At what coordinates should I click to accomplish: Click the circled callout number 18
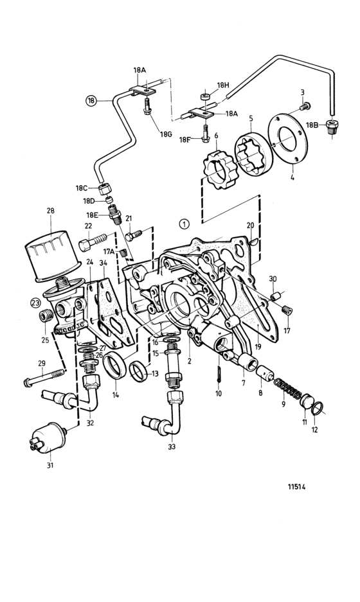coord(91,101)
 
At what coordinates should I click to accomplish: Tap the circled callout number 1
coord(184,224)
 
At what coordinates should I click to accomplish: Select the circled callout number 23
coord(36,303)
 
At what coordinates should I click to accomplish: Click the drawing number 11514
coord(296,487)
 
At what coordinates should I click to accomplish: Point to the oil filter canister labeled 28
coord(52,256)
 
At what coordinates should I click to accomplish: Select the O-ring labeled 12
coord(318,409)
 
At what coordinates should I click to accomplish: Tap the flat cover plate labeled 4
coord(288,139)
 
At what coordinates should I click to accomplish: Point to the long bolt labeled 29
coord(44,377)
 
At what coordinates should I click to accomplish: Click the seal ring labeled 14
coord(115,364)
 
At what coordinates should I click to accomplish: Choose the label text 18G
coord(166,134)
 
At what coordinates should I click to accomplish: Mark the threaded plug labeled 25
coord(46,316)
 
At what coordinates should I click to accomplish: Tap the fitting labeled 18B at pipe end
coord(332,127)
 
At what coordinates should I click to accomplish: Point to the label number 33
coord(172,447)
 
